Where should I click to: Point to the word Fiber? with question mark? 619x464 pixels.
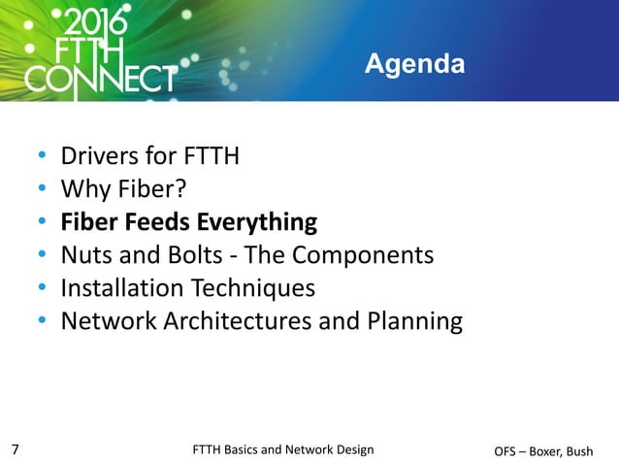coord(145,189)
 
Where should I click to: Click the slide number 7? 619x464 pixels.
coord(15,448)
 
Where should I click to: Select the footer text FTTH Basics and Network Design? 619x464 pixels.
coord(283,448)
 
